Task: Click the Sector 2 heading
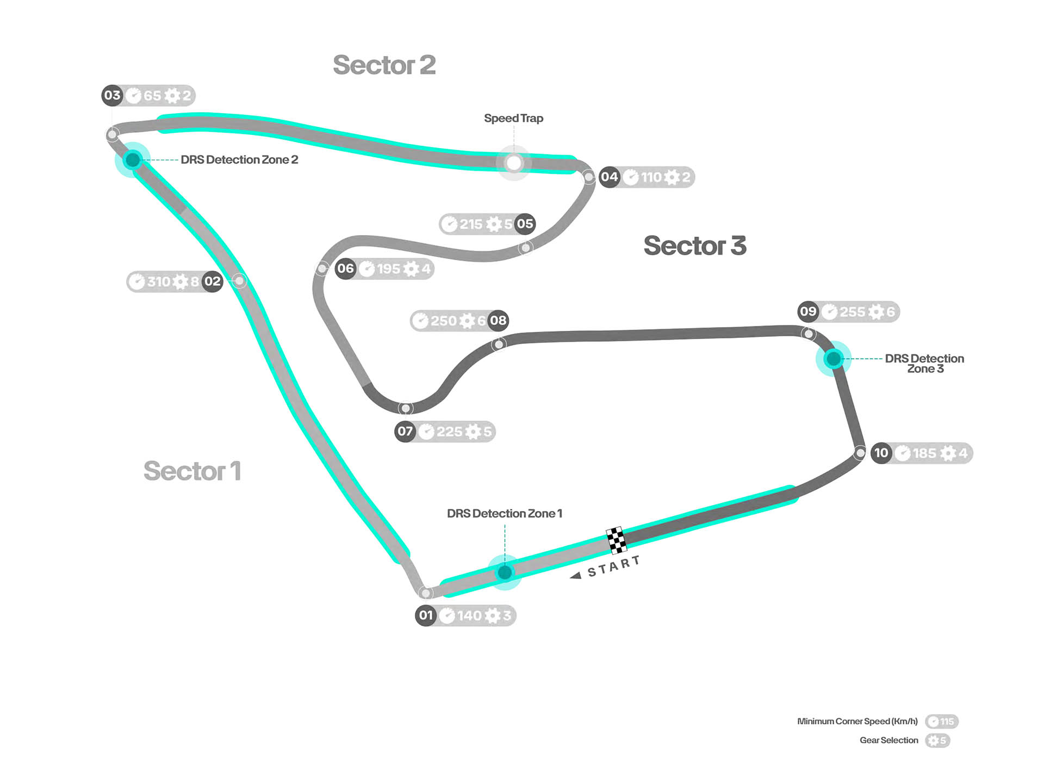384,65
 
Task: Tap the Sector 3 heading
694,245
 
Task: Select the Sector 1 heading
192,471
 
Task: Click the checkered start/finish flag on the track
616,540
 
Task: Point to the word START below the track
613,567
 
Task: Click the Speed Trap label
513,118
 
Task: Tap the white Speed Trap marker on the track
513,163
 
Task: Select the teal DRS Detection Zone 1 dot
505,572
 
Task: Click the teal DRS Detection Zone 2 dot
132,159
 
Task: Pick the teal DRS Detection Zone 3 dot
833,358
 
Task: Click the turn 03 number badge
112,95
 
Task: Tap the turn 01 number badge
425,615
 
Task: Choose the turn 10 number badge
881,453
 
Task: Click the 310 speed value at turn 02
159,281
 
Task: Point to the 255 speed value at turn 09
852,312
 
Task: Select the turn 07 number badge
405,432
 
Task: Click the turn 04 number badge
609,177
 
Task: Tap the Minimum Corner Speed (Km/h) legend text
857,721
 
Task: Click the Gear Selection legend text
888,740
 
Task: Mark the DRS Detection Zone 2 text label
239,159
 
